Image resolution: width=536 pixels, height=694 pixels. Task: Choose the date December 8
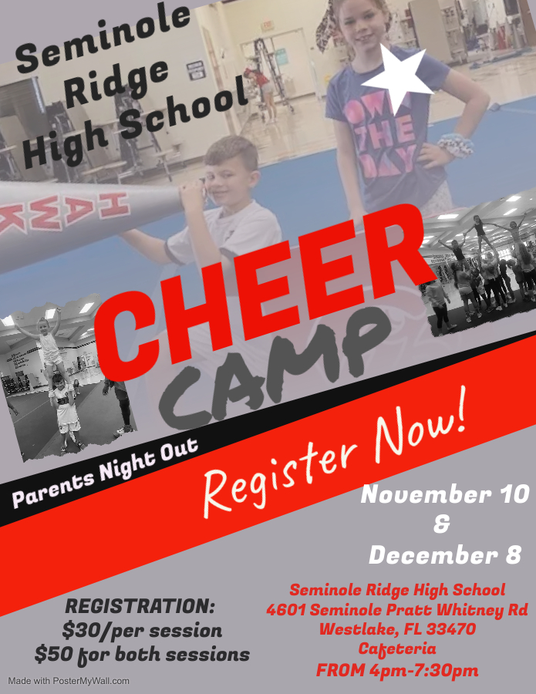pyautogui.click(x=445, y=554)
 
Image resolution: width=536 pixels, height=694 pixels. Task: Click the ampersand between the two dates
pyautogui.click(x=442, y=524)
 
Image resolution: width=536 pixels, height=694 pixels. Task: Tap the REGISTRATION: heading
pyautogui.click(x=140, y=605)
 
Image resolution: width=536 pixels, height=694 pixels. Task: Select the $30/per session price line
pyautogui.click(x=142, y=630)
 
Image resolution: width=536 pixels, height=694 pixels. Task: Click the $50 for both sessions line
pyautogui.click(x=142, y=655)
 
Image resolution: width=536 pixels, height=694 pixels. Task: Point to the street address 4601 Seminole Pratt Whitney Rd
pyautogui.click(x=397, y=610)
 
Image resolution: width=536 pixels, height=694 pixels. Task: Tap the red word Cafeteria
pyautogui.click(x=397, y=649)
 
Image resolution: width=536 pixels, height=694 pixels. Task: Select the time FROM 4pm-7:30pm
pyautogui.click(x=397, y=670)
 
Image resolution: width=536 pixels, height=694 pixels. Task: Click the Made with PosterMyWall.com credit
pyautogui.click(x=69, y=681)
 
